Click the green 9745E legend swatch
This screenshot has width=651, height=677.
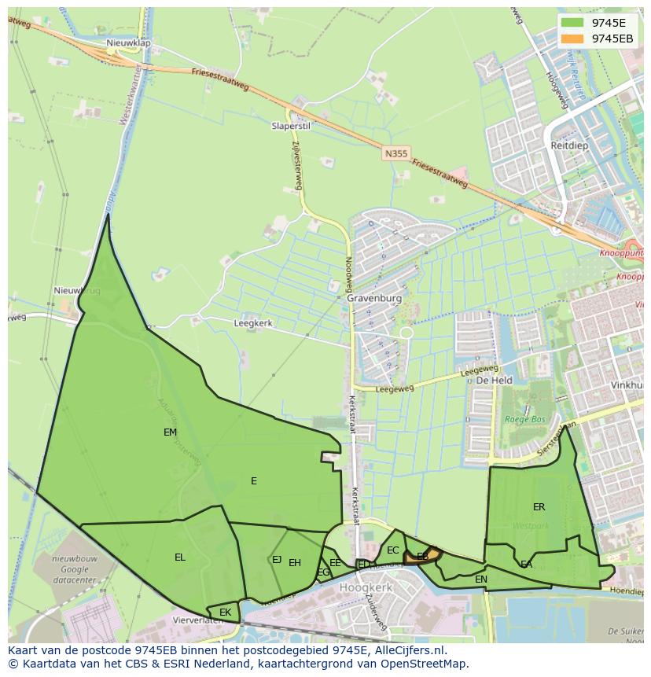pos(574,23)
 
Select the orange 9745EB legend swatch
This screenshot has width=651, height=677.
pos(574,39)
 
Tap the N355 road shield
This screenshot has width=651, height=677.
pos(395,154)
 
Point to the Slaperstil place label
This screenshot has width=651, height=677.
pos(291,126)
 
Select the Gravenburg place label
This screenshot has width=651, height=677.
pos(374,299)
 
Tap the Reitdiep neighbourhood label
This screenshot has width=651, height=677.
pos(569,146)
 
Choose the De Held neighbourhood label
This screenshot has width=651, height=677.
pos(494,380)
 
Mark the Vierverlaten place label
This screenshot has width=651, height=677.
pos(197,620)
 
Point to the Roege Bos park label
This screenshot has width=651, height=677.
pos(524,419)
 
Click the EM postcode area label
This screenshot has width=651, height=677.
pos(170,432)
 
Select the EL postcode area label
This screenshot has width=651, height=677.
pos(180,557)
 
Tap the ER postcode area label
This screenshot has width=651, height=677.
pos(539,507)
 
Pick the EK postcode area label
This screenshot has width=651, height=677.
pos(226,612)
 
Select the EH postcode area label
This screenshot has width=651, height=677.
pos(295,562)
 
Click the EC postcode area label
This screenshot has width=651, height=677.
pos(393,550)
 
